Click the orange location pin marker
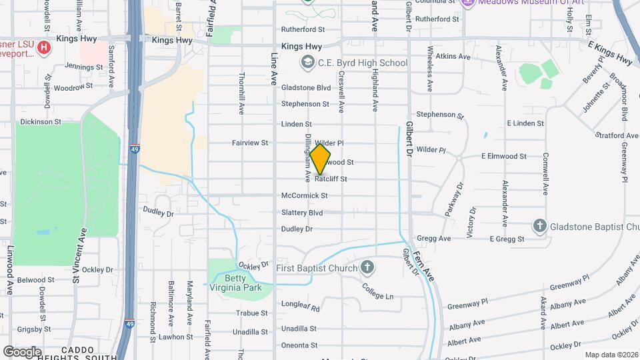coord(320,159)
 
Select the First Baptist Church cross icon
coord(366,268)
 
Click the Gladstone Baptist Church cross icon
coord(539,226)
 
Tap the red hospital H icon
coord(44,47)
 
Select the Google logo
coord(22,351)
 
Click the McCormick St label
coord(304,196)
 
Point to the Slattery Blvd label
coord(302,213)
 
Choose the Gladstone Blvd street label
coord(306,87)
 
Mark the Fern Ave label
coord(423,259)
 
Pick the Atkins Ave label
coord(451,57)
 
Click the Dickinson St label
coord(41,122)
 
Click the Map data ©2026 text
coord(610,355)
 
